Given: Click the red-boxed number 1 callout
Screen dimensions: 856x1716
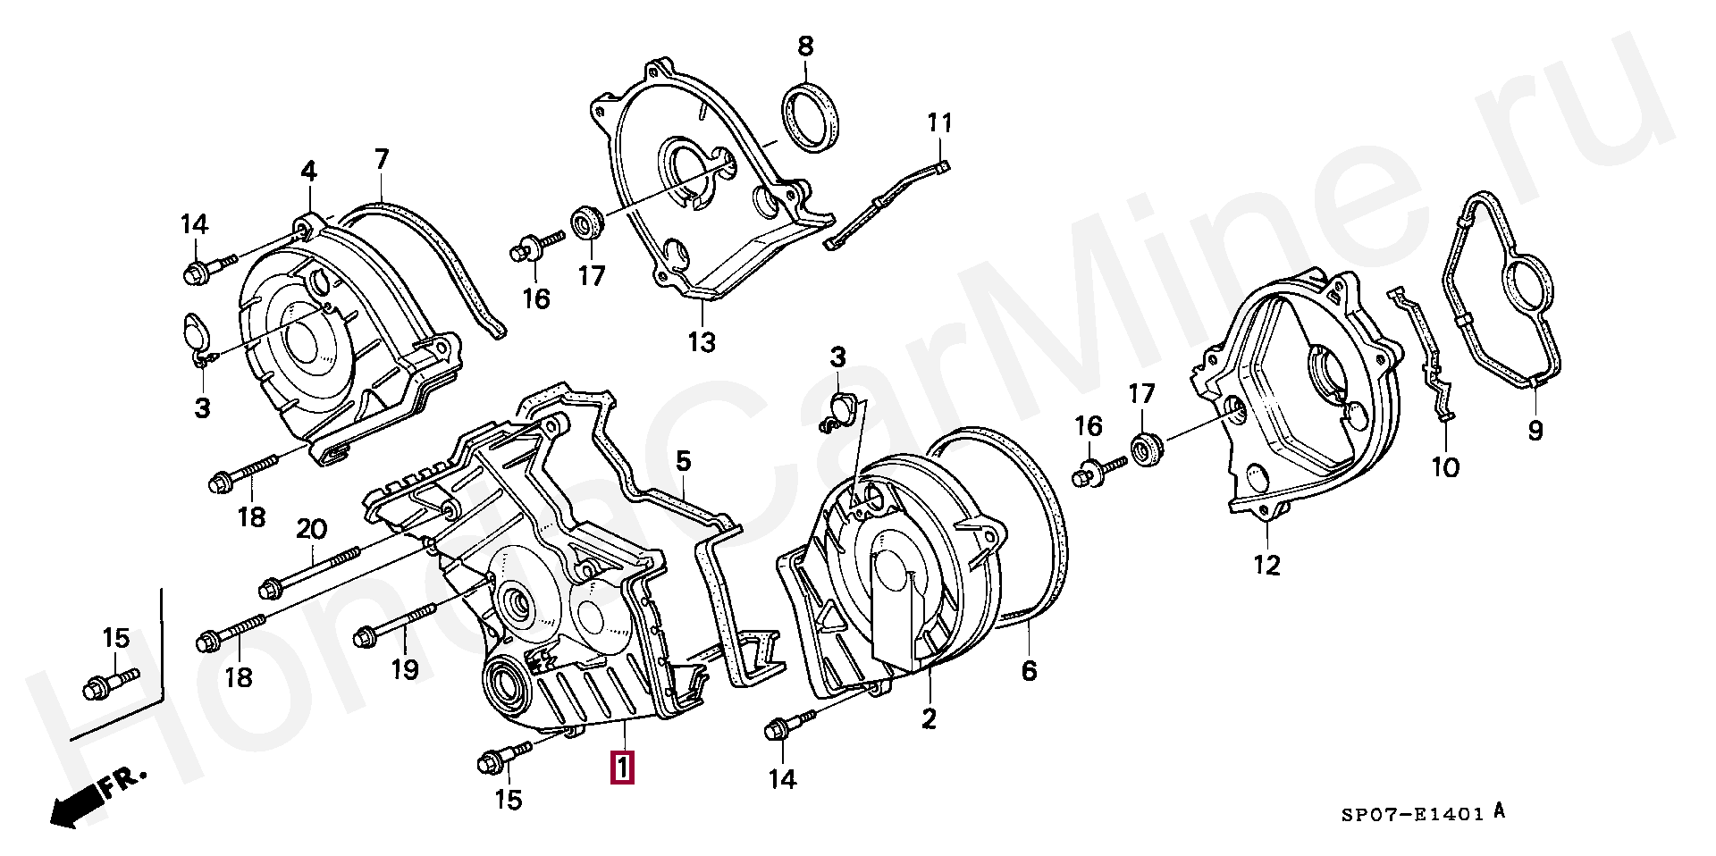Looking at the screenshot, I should coord(622,768).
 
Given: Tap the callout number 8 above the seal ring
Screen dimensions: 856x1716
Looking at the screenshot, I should coord(805,46).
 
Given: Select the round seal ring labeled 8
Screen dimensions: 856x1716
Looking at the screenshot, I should coord(812,117).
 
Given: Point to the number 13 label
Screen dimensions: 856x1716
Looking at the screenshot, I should coord(702,341).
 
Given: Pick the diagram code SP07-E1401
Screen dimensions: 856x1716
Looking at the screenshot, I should coord(1412,814).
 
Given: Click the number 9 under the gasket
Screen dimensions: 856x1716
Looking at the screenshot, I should coord(1535,432).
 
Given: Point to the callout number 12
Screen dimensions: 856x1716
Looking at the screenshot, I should coord(1267,565).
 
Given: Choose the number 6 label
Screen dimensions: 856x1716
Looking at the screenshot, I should coord(1029,670).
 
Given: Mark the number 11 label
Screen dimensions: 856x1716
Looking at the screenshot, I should coord(939,123).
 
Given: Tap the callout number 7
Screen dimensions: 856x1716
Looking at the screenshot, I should coord(382,160).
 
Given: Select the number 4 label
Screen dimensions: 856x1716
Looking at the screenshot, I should coord(308,171).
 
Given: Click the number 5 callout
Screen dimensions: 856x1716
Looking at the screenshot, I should coord(683,461).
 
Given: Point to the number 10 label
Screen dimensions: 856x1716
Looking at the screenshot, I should coord(1445,466).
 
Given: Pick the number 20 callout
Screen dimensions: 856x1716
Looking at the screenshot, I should coord(312,529).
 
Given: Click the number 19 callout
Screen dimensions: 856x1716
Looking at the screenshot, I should coord(405,669).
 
